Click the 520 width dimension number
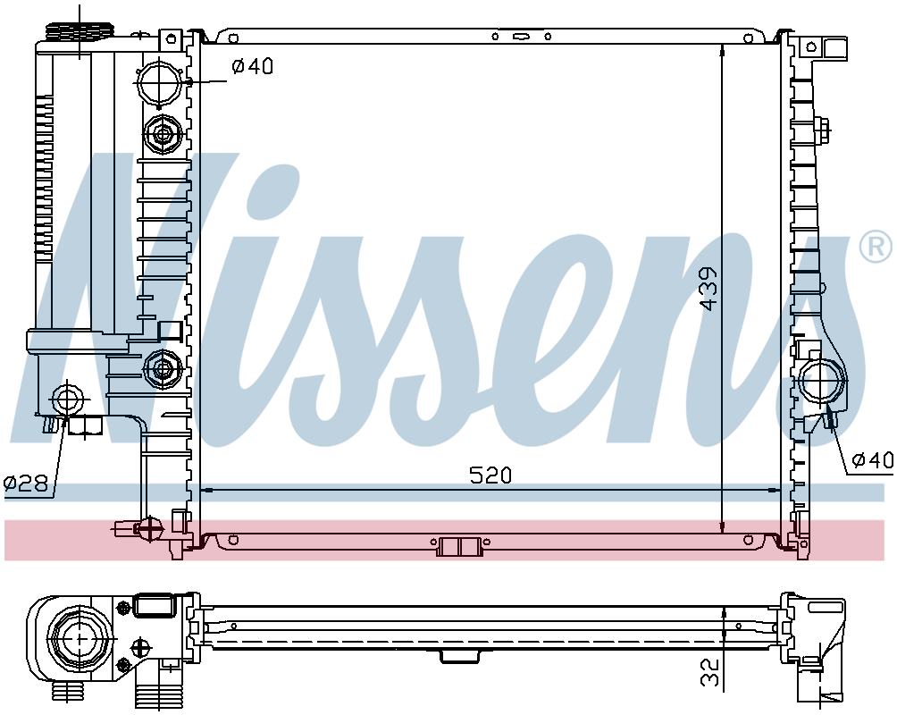pos(490,475)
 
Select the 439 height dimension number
pos(708,288)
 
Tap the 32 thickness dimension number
pos(708,673)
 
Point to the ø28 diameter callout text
pos(25,484)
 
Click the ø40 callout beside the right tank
pos(871,460)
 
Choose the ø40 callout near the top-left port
pos(252,66)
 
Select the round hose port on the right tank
pos(823,382)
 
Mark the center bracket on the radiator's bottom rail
pos(459,546)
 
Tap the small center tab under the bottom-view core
pos(460,657)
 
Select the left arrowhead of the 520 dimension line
pos(205,490)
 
